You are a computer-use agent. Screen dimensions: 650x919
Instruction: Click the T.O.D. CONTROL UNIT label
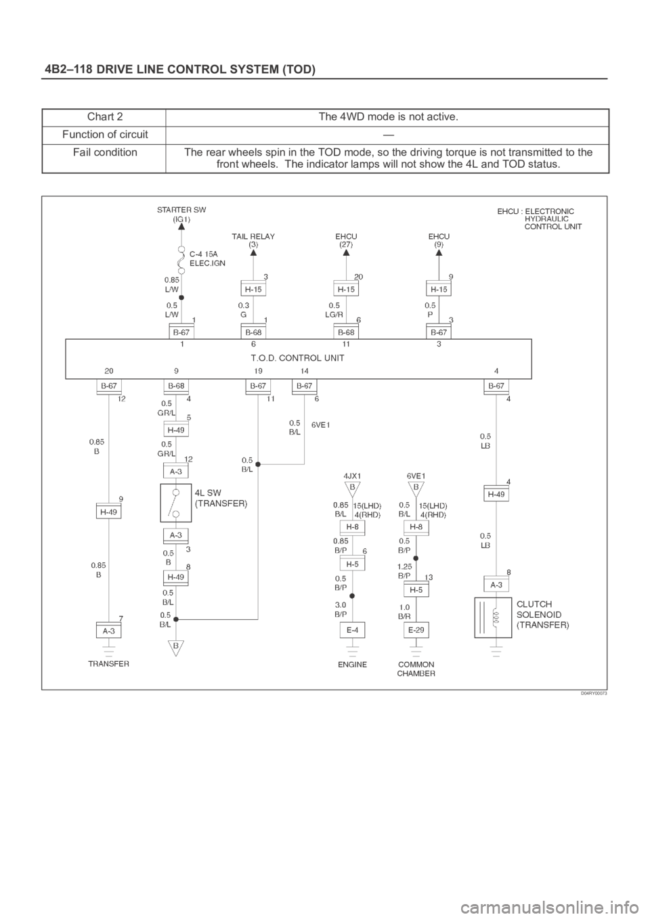click(x=297, y=358)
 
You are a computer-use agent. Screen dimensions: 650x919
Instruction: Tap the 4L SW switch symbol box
click(x=175, y=503)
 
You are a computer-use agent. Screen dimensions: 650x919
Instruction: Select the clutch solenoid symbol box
click(x=493, y=617)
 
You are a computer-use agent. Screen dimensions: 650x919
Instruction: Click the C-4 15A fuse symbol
click(x=181, y=260)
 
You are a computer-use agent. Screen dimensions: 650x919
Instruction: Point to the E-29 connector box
click(x=416, y=630)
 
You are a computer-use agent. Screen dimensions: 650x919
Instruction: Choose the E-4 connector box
click(x=352, y=630)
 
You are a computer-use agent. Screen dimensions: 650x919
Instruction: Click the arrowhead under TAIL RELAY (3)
click(x=253, y=252)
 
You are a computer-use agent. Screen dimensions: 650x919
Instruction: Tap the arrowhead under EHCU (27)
click(x=346, y=252)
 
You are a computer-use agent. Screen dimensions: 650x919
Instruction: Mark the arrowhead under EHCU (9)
click(x=439, y=252)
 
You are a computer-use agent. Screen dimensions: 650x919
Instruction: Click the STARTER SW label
click(x=181, y=210)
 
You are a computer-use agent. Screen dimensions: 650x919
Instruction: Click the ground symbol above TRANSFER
click(x=109, y=652)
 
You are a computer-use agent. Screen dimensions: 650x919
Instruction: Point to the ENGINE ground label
click(x=353, y=665)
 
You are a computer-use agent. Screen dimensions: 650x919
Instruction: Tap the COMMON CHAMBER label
click(x=416, y=669)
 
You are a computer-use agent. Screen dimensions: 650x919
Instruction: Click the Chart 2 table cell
click(x=105, y=117)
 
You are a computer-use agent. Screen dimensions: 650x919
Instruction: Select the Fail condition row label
click(x=105, y=153)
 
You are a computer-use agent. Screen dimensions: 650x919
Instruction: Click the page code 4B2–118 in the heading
click(x=68, y=70)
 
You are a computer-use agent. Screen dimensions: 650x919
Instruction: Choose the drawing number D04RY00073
click(x=593, y=694)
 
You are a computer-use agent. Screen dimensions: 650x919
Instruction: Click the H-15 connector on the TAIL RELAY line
click(x=253, y=289)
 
